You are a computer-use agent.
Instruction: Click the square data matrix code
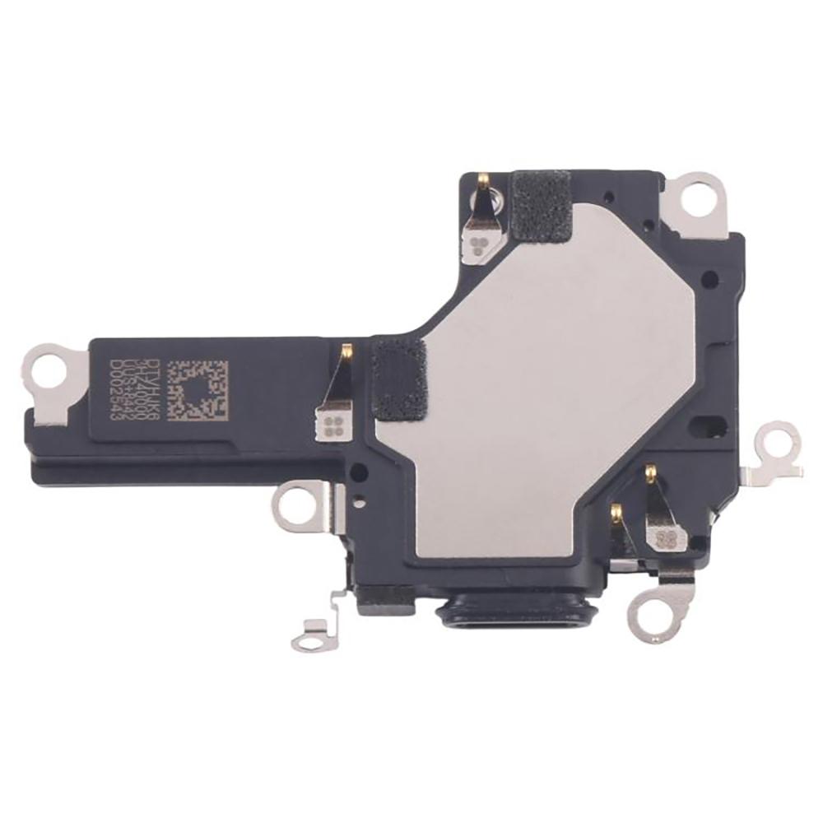tap(196, 390)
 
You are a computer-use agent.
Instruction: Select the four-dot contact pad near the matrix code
tap(333, 425)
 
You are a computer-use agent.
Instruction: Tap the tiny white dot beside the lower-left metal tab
tap(360, 499)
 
